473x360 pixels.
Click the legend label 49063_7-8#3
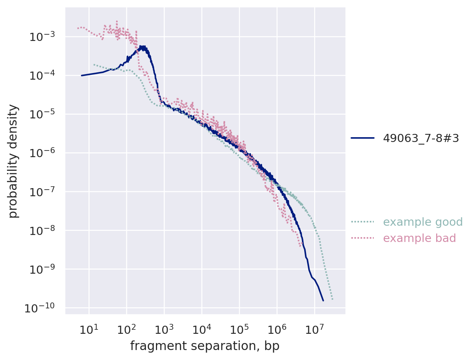point(421,138)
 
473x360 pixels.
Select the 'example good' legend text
point(423,222)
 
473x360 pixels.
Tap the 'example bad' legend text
point(420,238)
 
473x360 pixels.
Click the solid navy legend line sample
point(363,138)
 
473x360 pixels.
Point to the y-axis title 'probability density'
point(13,161)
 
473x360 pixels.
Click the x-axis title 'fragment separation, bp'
point(205,346)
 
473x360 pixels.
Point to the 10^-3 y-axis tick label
point(42,37)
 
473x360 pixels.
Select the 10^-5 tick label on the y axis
point(42,114)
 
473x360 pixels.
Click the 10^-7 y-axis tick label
point(42,192)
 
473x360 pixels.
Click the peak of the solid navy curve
point(142,47)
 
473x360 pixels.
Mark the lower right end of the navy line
point(323,301)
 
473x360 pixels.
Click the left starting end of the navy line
point(81,75)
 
